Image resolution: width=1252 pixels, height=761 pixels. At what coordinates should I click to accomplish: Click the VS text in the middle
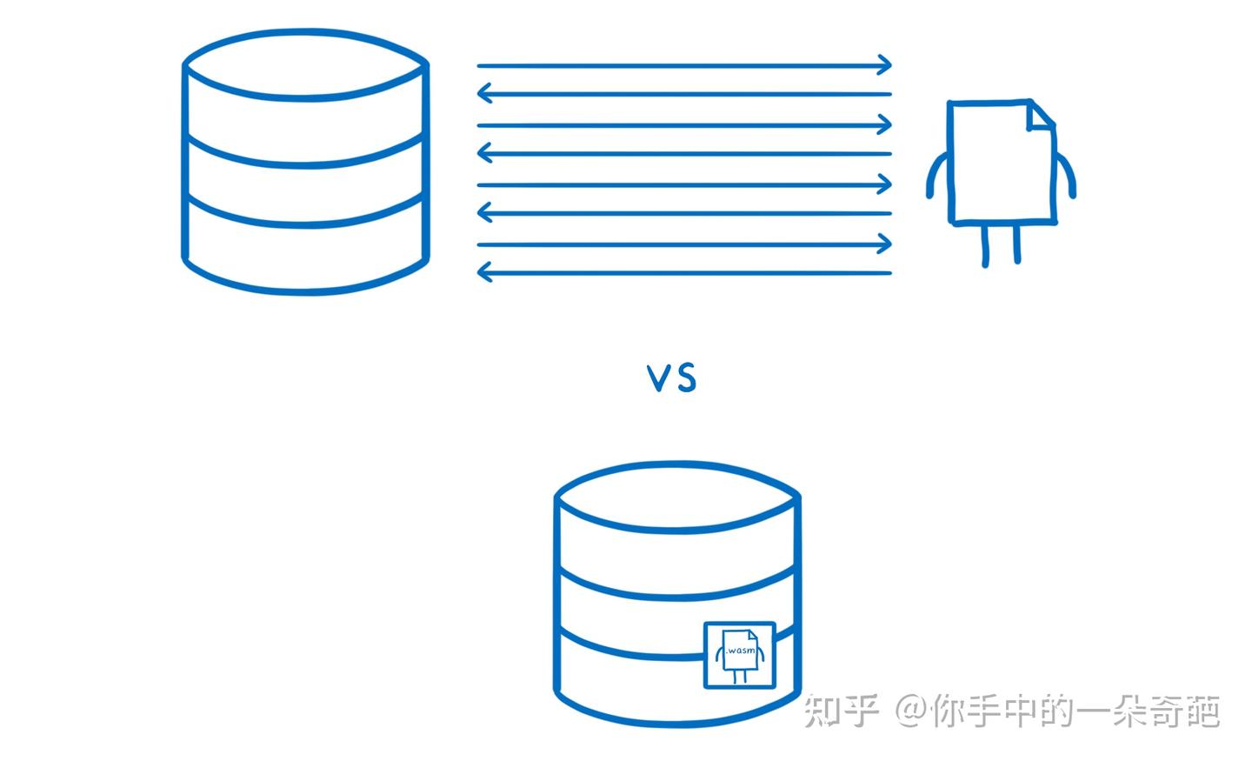click(671, 378)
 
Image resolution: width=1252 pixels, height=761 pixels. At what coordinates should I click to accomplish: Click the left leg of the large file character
click(985, 244)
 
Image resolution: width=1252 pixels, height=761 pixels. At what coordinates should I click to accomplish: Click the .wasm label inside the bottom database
click(740, 650)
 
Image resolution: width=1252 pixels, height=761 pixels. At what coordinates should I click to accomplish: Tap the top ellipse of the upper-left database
click(305, 64)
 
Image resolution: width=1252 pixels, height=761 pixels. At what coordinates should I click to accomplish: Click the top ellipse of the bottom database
click(677, 497)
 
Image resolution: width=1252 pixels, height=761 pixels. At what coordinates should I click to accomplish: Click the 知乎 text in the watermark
click(841, 711)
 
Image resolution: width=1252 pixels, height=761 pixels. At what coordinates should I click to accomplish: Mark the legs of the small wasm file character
click(740, 676)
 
